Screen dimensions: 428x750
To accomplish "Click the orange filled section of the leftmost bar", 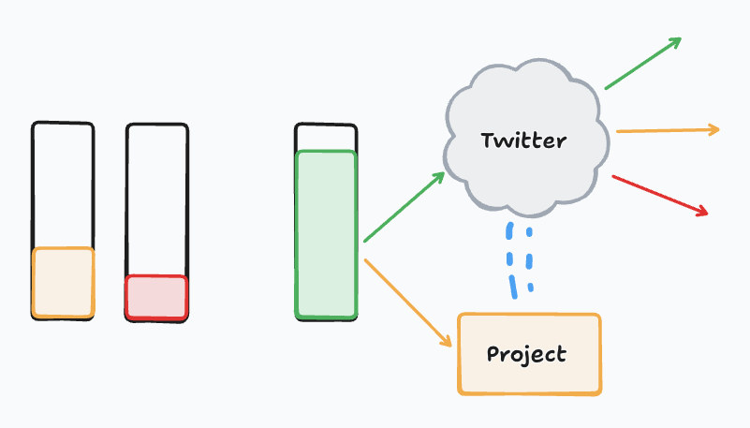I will click(63, 283).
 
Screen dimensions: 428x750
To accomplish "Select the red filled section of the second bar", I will click(156, 297).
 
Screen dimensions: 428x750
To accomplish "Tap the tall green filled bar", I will click(326, 234).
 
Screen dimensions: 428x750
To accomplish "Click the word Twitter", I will click(523, 141).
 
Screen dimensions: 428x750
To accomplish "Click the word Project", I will click(526, 355).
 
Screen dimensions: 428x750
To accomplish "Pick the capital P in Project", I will click(494, 355).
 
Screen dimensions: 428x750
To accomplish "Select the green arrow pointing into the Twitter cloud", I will click(403, 208).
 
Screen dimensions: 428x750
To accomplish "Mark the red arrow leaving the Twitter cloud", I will click(659, 195).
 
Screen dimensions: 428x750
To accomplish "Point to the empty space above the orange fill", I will click(63, 183).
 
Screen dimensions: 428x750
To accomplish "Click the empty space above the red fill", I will click(156, 197).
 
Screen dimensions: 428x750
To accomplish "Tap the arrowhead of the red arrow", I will click(702, 211).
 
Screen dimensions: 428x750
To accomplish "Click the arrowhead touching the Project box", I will click(448, 343).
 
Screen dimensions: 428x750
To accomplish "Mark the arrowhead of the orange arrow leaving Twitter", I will click(713, 129).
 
